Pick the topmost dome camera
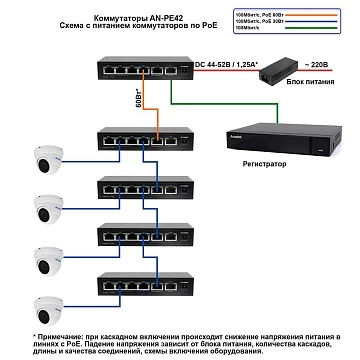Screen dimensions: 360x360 (45, 160)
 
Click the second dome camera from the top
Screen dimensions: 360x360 (45, 207)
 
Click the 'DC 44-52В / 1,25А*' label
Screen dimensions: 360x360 (223, 62)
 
